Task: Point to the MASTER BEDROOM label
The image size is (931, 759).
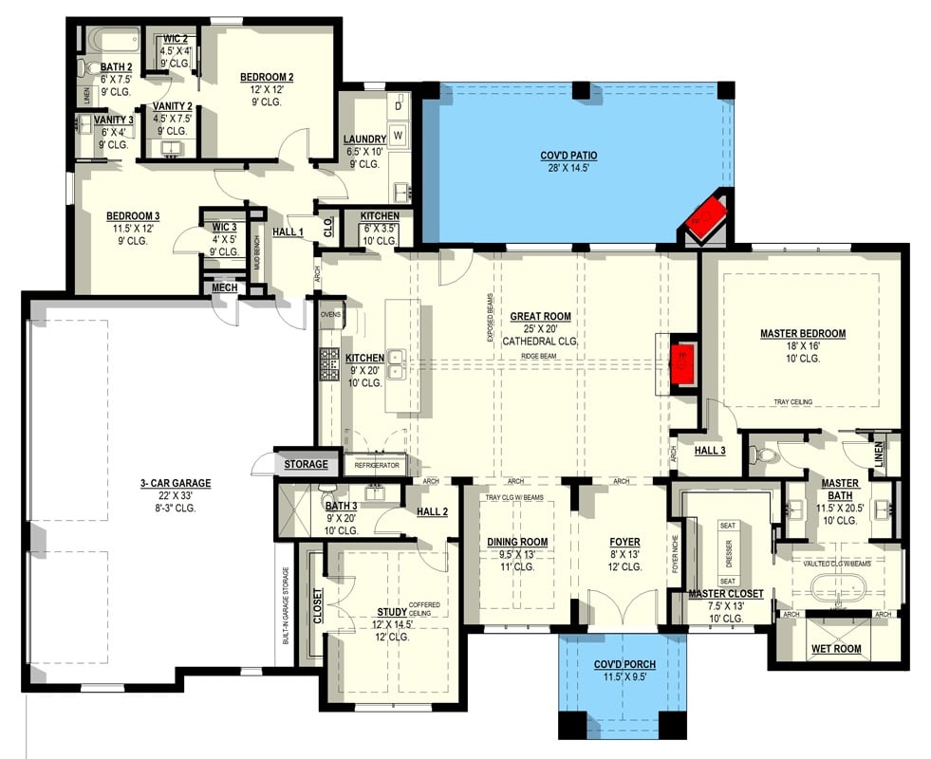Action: [802, 333]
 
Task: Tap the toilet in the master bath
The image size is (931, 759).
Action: [765, 456]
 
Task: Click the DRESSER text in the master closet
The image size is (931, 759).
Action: [729, 552]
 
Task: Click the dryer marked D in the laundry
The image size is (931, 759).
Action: [399, 106]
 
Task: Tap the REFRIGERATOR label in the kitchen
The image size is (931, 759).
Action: [376, 466]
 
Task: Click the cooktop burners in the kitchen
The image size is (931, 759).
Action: [329, 364]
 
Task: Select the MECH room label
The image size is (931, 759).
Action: [224, 287]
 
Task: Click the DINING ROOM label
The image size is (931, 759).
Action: [518, 542]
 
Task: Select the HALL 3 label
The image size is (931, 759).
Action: [709, 450]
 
